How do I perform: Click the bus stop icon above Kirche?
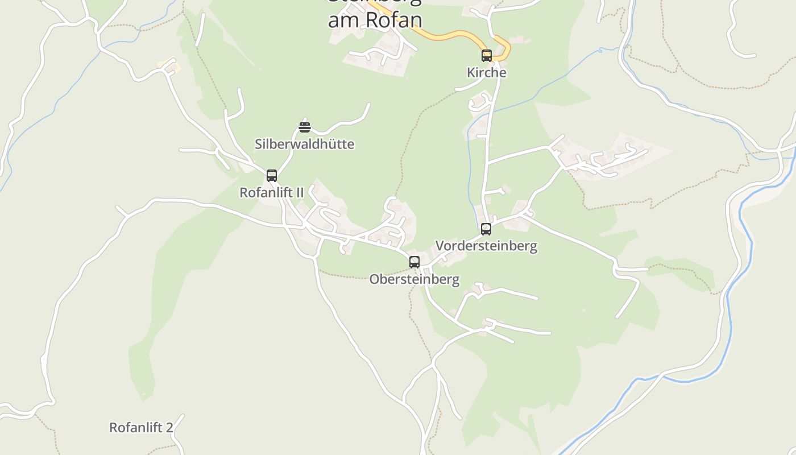[x=487, y=55]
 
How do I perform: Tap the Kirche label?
[x=487, y=73]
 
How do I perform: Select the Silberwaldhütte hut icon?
[x=305, y=127]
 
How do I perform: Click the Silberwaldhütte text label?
[x=304, y=144]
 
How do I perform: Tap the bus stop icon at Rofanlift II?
[x=272, y=175]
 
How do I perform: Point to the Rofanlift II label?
[x=271, y=192]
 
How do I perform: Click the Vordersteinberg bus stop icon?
[x=486, y=229]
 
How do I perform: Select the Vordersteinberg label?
[x=486, y=246]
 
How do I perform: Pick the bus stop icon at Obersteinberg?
[x=414, y=262]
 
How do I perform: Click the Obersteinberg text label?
[x=414, y=279]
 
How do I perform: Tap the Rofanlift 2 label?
[x=141, y=427]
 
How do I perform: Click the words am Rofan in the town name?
[x=375, y=19]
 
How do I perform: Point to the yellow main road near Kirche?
[x=449, y=36]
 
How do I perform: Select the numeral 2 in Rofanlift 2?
[x=169, y=427]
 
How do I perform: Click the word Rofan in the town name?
[x=393, y=19]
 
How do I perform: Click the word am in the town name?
[x=344, y=19]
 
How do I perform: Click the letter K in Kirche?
[x=471, y=73]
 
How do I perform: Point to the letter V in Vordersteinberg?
[x=440, y=246]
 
